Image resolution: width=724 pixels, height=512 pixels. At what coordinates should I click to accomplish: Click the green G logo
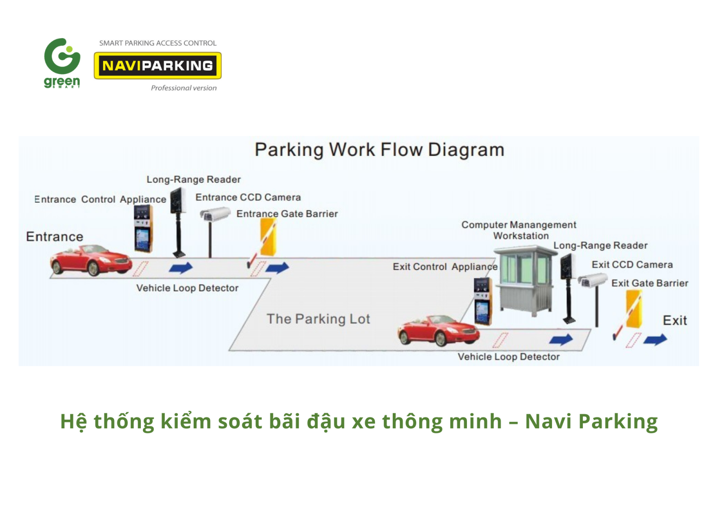click(x=62, y=56)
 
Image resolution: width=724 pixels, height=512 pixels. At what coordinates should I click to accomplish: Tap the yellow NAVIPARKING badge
click(x=157, y=66)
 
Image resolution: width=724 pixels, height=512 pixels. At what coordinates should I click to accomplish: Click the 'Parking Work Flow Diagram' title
click(x=379, y=150)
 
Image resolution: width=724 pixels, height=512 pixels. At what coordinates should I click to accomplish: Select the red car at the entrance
click(x=90, y=261)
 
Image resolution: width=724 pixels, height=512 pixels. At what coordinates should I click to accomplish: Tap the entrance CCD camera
click(x=215, y=214)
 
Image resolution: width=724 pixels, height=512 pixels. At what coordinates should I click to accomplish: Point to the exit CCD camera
click(x=592, y=280)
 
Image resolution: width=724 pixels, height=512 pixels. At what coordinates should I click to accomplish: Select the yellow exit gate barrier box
click(x=634, y=310)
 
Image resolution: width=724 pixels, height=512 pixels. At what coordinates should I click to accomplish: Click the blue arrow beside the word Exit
click(x=655, y=340)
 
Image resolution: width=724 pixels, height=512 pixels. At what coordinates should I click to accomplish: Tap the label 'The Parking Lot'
click(x=318, y=319)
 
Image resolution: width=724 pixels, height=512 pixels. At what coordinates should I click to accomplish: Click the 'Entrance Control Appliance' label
click(x=100, y=200)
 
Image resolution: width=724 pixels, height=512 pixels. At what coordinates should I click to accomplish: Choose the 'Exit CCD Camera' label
click(x=632, y=265)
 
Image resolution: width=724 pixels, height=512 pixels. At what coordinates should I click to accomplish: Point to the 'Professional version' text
click(x=184, y=88)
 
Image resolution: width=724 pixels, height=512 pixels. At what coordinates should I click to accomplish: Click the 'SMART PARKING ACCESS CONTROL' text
click(x=157, y=43)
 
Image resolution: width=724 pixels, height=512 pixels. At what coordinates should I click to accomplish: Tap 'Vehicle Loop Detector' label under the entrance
click(x=187, y=288)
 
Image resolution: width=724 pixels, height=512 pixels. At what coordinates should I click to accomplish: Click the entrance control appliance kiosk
click(x=143, y=229)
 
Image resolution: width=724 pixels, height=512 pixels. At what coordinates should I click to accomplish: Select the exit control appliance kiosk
click(x=483, y=301)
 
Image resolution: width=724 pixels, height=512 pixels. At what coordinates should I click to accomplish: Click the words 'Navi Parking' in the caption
click(x=591, y=421)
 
